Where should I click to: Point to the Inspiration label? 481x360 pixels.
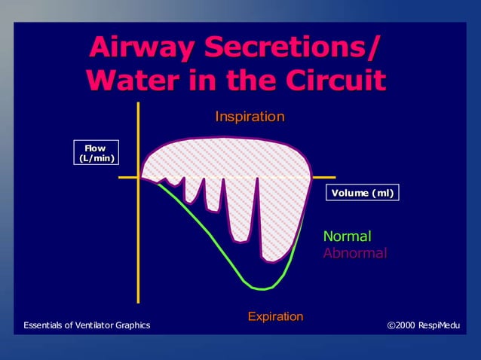coord(250,117)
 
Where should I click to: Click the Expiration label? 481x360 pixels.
coord(275,316)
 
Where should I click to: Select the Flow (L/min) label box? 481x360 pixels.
coord(96,153)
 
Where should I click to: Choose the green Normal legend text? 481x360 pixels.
coord(347,236)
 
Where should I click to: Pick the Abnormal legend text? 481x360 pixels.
coord(354,253)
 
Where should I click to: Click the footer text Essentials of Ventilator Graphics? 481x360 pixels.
coord(87,325)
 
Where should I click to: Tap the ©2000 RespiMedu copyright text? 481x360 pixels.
coord(422,325)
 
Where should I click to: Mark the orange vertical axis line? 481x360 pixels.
coord(139,226)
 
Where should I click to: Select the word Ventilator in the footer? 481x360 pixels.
coord(89,325)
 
